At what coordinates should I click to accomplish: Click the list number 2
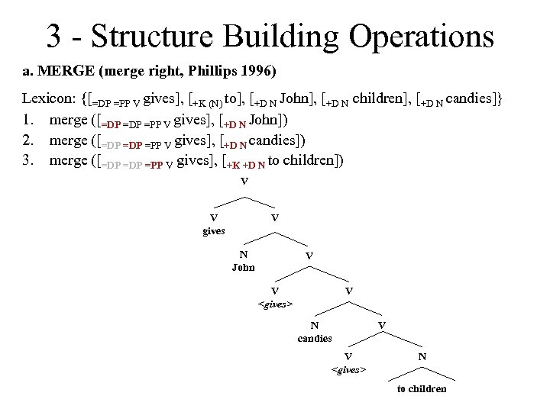click(27, 140)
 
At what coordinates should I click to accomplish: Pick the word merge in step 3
click(68, 161)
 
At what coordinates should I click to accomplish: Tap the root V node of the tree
click(244, 182)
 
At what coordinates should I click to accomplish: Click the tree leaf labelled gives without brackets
click(213, 230)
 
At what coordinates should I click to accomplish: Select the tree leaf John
click(244, 267)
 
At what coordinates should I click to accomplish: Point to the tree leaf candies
click(315, 338)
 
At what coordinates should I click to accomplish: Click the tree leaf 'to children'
click(422, 389)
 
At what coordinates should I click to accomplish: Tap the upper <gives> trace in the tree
click(275, 304)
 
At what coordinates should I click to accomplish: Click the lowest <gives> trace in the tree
click(348, 370)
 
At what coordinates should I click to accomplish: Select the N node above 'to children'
click(422, 357)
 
